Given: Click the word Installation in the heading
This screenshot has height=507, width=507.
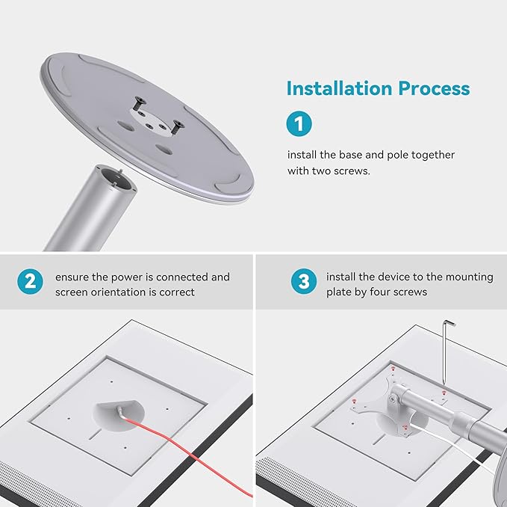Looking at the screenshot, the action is [x=339, y=88].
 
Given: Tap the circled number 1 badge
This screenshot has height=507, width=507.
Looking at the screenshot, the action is [x=299, y=123].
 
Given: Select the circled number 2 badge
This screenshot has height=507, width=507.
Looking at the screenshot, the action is [x=30, y=282].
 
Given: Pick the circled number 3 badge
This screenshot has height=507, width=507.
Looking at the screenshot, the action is [x=304, y=281].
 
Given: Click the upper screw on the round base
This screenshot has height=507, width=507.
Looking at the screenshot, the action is [x=140, y=104].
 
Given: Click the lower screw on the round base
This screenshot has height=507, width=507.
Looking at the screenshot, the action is [x=176, y=127].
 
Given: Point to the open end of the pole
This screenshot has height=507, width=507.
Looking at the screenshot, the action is [x=116, y=179].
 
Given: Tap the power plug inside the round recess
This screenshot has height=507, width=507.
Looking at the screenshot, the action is [x=121, y=412].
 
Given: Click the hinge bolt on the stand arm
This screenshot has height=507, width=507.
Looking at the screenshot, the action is [x=393, y=399].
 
